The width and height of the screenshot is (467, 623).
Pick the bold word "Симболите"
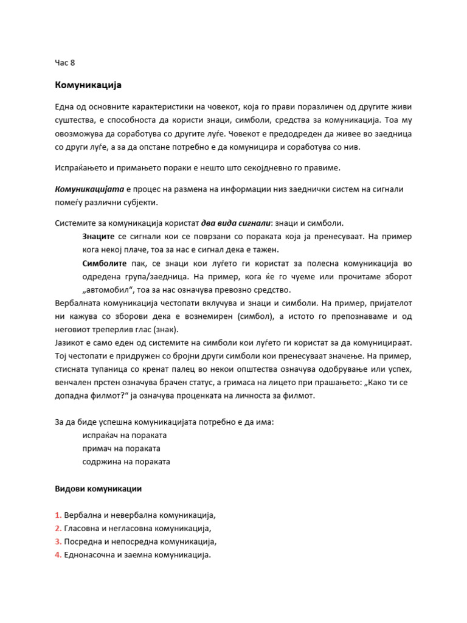[x=105, y=263]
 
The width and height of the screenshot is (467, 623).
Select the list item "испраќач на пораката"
[x=125, y=435]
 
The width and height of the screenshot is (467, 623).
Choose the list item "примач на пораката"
[x=121, y=448]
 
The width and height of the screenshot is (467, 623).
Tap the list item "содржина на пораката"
[x=126, y=462]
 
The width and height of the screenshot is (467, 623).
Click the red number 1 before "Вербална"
[x=58, y=515]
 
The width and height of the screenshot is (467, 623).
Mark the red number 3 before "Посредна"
[x=58, y=541]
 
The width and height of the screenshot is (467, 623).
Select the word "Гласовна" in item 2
[x=85, y=528]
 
